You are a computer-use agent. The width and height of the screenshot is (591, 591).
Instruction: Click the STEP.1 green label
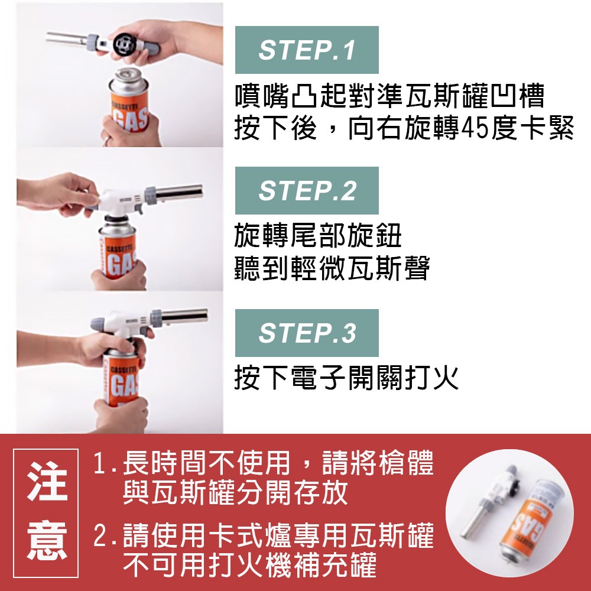pyautogui.click(x=307, y=50)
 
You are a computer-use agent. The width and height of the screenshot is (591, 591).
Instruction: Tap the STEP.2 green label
pyautogui.click(x=307, y=190)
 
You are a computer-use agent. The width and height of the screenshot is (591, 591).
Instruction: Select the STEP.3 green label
pyautogui.click(x=307, y=333)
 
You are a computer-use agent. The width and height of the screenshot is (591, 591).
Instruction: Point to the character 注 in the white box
pyautogui.click(x=47, y=482)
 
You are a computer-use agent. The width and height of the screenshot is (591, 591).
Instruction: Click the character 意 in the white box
pyautogui.click(x=47, y=541)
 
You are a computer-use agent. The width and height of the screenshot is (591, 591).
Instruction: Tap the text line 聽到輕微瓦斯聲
pyautogui.click(x=332, y=269)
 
